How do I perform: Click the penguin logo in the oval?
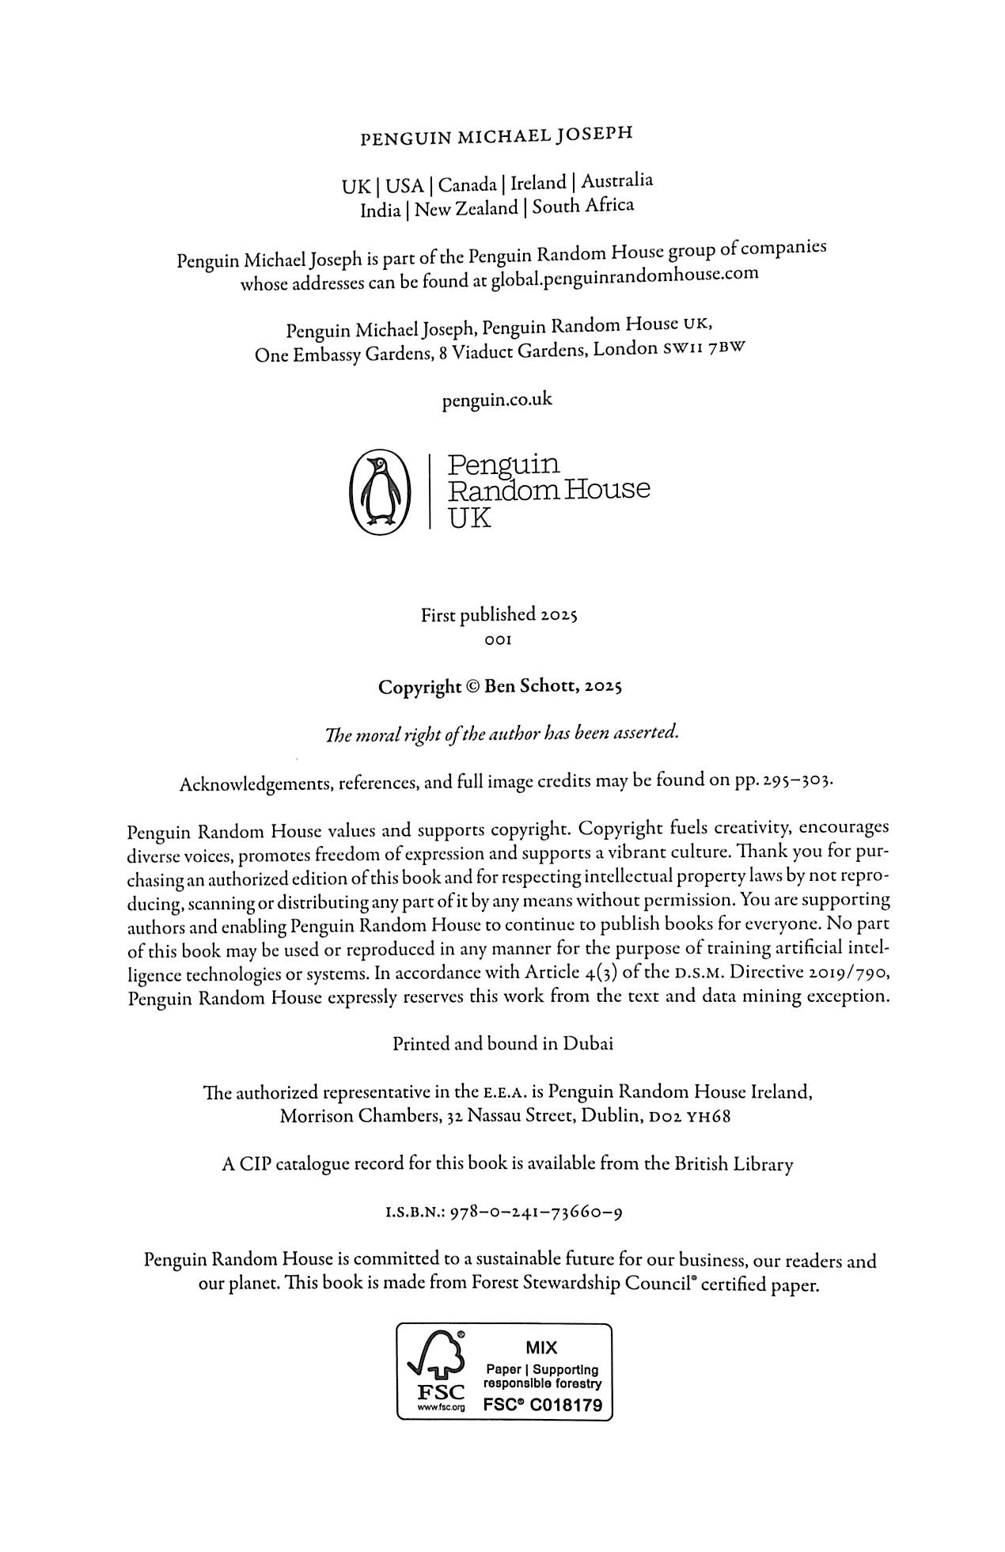(377, 490)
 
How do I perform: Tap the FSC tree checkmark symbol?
(434, 1358)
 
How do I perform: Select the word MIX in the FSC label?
(541, 1348)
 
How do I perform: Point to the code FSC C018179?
(542, 1406)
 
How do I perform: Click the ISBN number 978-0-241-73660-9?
(535, 1212)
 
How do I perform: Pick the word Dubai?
(588, 1044)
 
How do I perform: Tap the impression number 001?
(498, 639)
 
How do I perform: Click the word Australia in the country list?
(616, 180)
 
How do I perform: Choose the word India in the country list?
(380, 211)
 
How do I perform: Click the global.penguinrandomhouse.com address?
(624, 277)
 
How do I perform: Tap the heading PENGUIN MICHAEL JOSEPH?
(496, 137)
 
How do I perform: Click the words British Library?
(733, 1164)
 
